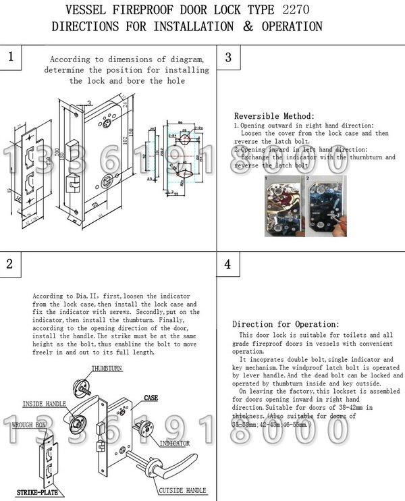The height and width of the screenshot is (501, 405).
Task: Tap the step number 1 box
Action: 10,57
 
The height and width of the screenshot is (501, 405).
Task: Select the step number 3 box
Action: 227,58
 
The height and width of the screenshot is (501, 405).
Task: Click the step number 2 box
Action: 10,264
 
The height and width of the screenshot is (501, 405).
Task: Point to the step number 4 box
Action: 227,264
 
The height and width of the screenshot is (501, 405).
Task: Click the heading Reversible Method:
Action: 274,116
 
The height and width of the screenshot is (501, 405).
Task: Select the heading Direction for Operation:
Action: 281,324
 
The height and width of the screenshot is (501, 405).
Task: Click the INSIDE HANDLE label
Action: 45,404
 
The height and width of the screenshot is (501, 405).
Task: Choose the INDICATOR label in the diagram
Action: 174,443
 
